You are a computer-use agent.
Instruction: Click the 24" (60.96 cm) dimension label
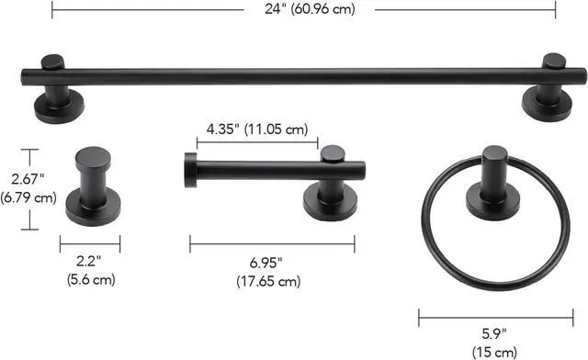pyautogui.click(x=310, y=8)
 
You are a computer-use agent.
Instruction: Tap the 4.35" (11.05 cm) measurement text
pyautogui.click(x=257, y=129)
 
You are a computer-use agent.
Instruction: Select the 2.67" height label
pyautogui.click(x=28, y=179)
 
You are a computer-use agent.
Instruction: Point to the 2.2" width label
pyautogui.click(x=88, y=261)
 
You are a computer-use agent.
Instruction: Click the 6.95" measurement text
pyautogui.click(x=266, y=263)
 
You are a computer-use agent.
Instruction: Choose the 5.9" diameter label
pyautogui.click(x=494, y=333)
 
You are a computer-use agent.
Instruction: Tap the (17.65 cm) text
pyautogui.click(x=268, y=281)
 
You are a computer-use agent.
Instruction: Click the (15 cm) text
pyautogui.click(x=494, y=352)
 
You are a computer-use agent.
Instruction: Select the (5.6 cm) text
pyautogui.click(x=91, y=279)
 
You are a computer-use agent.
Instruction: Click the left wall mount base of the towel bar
pyautogui.click(x=59, y=108)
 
